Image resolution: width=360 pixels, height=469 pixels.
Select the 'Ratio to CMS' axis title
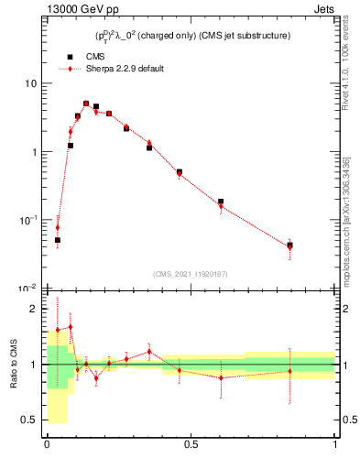coord(14,365)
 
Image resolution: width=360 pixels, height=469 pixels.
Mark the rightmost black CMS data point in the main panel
coord(289,245)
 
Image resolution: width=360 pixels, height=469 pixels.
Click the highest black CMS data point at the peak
coord(86,104)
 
